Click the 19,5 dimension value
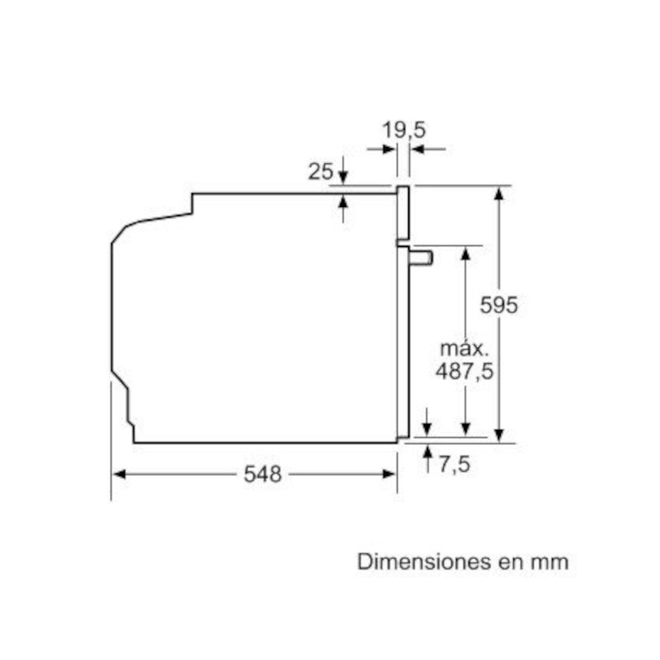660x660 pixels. pyautogui.click(x=403, y=130)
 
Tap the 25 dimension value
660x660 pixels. pyautogui.click(x=321, y=172)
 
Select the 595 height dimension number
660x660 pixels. pyautogui.click(x=499, y=304)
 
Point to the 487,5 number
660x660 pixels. pyautogui.click(x=464, y=371)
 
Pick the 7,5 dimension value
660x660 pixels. pyautogui.click(x=455, y=464)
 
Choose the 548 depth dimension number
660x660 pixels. pyautogui.click(x=262, y=474)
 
